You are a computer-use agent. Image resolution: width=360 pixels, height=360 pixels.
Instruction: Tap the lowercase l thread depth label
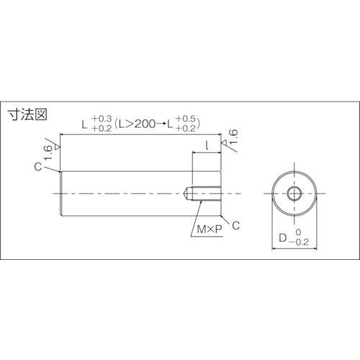pos(207,145)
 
